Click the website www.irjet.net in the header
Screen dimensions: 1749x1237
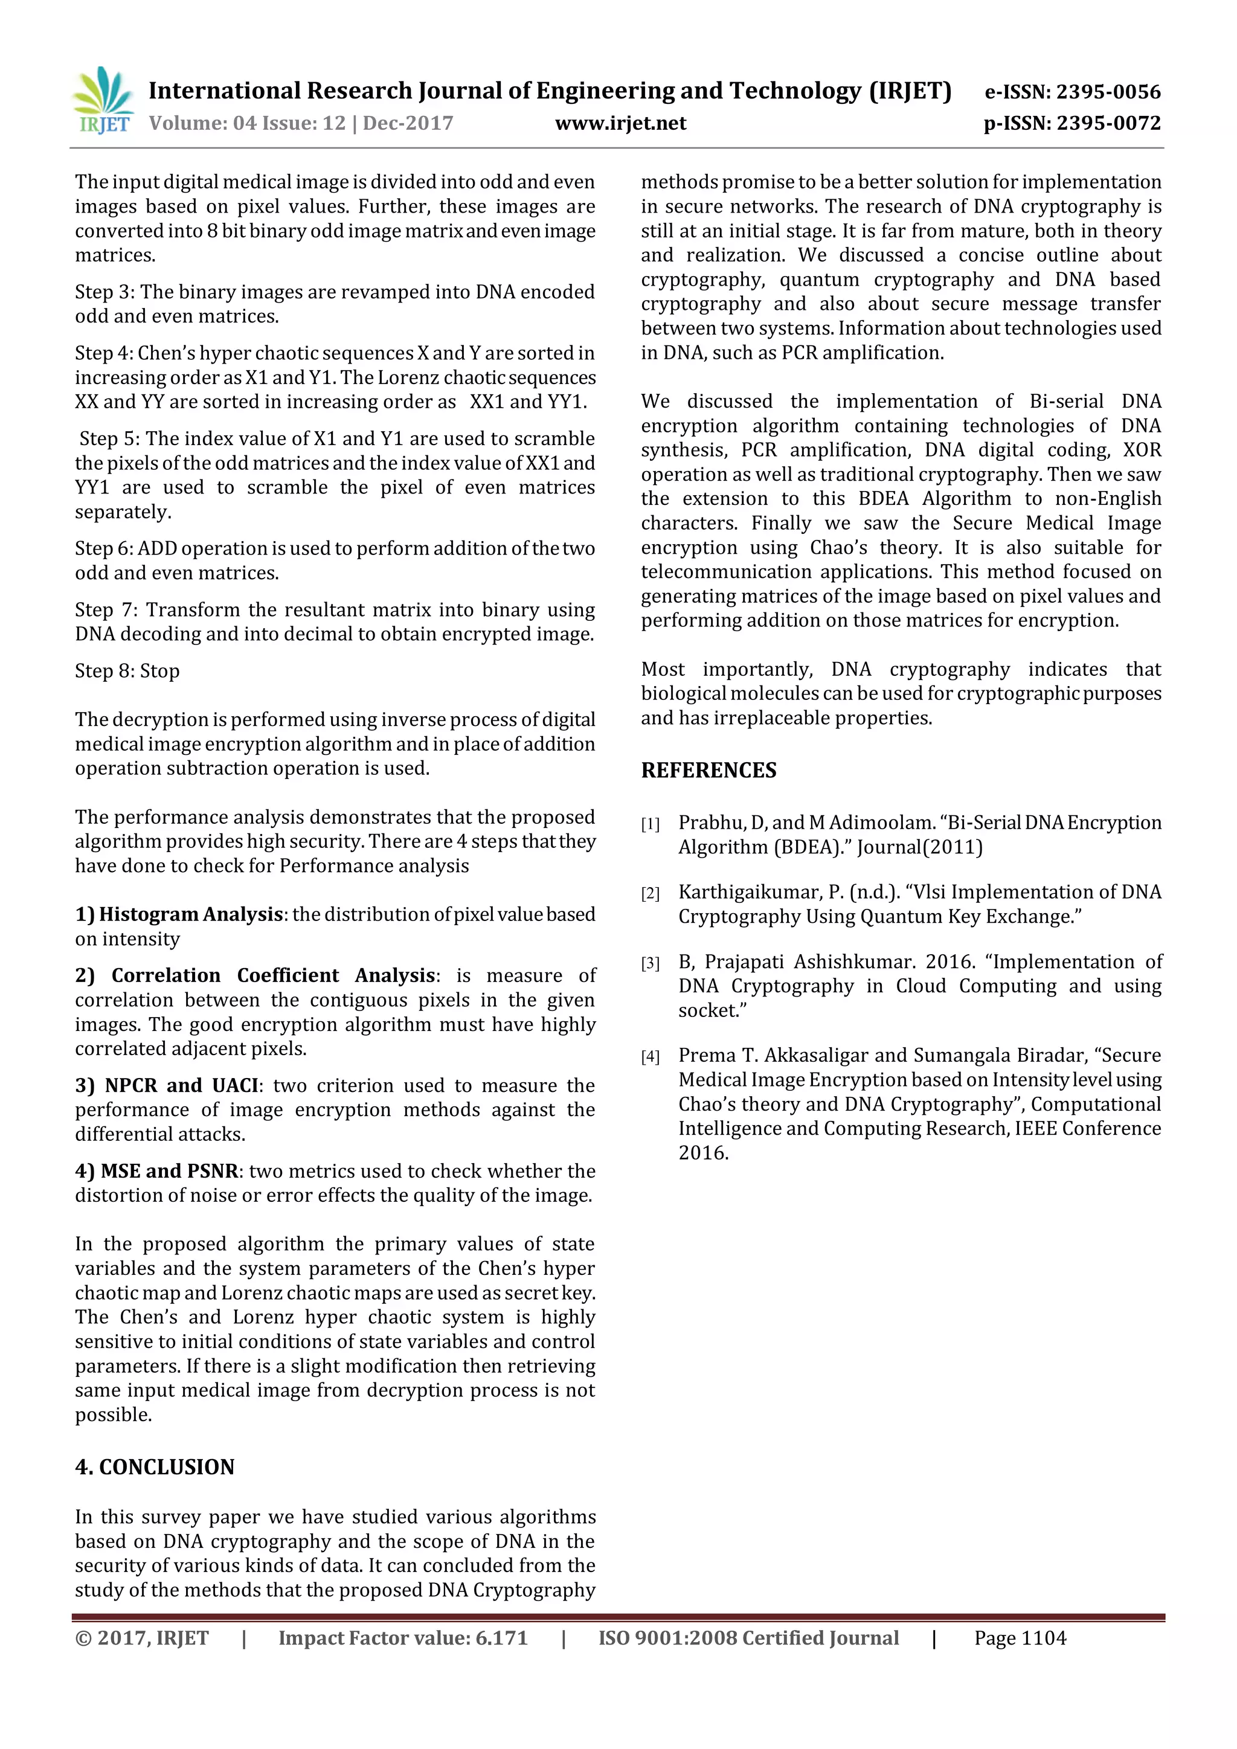pos(620,123)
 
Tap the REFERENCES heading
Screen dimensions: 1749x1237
pos(708,770)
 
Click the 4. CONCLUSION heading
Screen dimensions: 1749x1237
pos(155,1467)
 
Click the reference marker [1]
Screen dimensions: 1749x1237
pos(650,824)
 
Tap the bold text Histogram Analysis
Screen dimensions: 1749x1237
pos(190,914)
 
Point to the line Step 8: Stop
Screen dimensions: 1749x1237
pos(127,671)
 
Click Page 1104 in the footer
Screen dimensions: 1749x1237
pos(1020,1638)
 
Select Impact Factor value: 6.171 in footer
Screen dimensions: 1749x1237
pos(403,1638)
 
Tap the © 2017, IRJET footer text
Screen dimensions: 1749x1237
pos(142,1638)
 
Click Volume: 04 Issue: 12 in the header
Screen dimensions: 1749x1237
pos(247,123)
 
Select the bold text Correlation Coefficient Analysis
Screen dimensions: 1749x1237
pos(274,976)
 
